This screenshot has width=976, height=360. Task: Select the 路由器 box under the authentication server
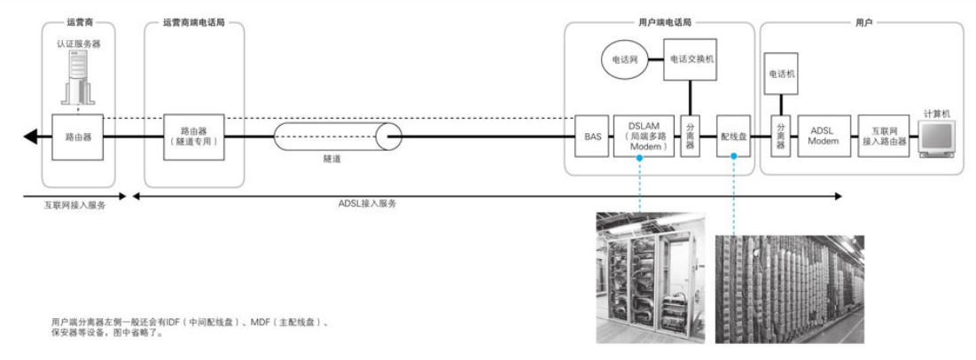(79, 137)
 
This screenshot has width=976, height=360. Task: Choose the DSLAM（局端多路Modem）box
(644, 137)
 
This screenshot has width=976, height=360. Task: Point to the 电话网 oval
(621, 59)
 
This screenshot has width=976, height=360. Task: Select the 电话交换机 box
(691, 59)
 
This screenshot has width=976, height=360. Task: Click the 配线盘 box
(733, 137)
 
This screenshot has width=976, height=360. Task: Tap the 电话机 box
(781, 74)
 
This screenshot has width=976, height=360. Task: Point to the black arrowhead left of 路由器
(31, 137)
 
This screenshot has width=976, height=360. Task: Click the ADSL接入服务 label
(368, 203)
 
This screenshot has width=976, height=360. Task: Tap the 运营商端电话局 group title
(194, 19)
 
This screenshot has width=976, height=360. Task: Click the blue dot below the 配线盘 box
(733, 157)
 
